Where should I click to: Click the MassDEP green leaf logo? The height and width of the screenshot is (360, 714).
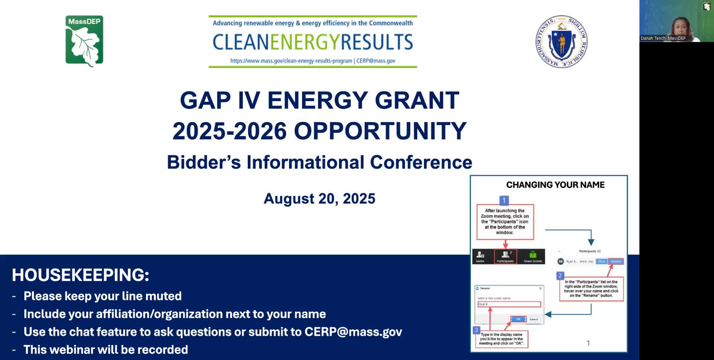pyautogui.click(x=84, y=41)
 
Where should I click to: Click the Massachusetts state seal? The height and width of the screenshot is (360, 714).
pyautogui.click(x=561, y=41)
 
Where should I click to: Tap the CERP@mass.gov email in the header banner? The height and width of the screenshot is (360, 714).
pyautogui.click(x=376, y=61)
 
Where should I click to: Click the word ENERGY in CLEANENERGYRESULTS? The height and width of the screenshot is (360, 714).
pyautogui.click(x=305, y=42)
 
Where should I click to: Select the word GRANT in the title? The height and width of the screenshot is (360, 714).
pyautogui.click(x=417, y=100)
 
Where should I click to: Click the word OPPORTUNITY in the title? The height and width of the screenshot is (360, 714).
pyautogui.click(x=380, y=131)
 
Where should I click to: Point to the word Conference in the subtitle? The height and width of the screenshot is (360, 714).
pyautogui.click(x=421, y=162)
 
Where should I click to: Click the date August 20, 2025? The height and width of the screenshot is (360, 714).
pyautogui.click(x=319, y=199)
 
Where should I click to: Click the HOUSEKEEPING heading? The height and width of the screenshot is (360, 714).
pyautogui.click(x=80, y=275)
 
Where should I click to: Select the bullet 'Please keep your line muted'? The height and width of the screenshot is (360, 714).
pyautogui.click(x=103, y=296)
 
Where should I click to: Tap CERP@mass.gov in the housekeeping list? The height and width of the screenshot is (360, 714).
pyautogui.click(x=353, y=332)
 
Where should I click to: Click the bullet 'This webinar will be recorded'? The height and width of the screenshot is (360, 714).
pyautogui.click(x=106, y=350)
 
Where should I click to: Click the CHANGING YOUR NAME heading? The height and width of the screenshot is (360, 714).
pyautogui.click(x=555, y=185)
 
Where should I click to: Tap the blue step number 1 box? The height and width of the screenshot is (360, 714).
pyautogui.click(x=504, y=200)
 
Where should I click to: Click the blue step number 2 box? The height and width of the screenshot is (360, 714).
pyautogui.click(x=560, y=276)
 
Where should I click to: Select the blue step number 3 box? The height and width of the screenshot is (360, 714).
pyautogui.click(x=476, y=330)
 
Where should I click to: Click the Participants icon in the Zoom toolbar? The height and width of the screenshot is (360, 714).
pyautogui.click(x=505, y=256)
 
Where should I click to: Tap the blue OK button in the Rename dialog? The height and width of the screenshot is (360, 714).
pyautogui.click(x=518, y=319)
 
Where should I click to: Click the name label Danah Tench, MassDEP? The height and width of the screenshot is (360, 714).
pyautogui.click(x=663, y=38)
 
